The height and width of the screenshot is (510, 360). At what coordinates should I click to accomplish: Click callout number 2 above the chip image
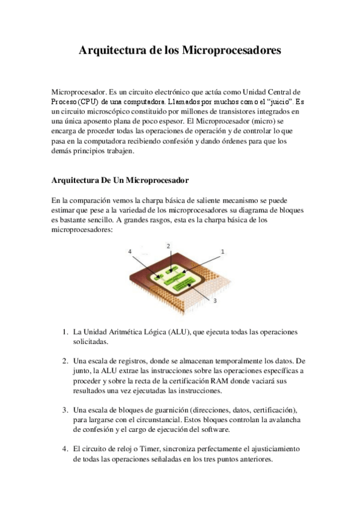pos(169,246)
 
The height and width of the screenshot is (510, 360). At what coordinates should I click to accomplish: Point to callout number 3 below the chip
pos(215,299)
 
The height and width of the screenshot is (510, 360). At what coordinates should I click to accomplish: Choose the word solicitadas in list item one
pos(90,342)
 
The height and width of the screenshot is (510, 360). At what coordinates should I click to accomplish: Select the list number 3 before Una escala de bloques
pos(65,409)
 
